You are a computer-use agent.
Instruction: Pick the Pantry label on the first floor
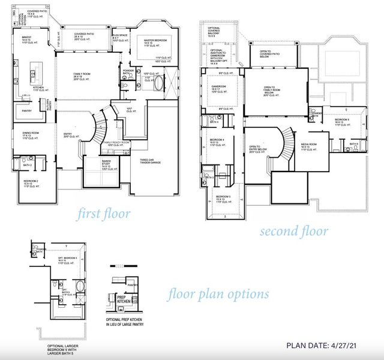pos(26,111)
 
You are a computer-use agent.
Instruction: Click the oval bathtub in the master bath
pos(157,83)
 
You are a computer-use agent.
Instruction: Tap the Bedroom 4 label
pos(217,141)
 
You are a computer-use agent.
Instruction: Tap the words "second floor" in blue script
pos(293,231)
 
